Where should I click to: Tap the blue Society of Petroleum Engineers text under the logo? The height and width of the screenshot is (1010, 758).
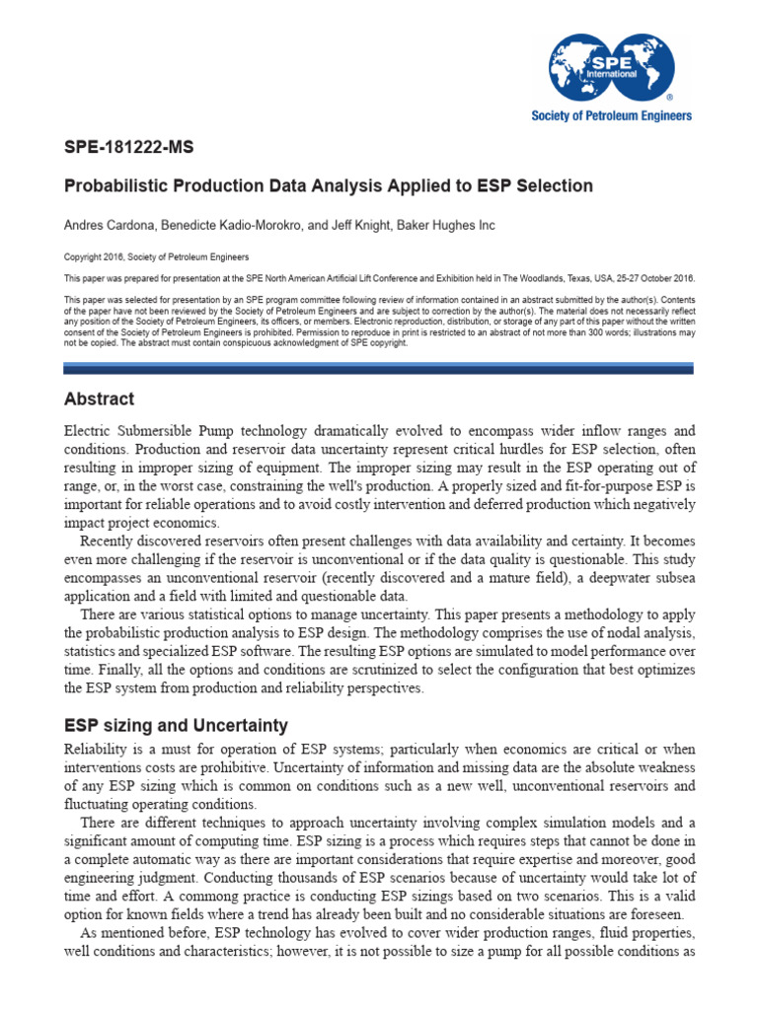pos(612,115)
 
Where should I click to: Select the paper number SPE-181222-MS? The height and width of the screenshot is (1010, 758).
pos(128,148)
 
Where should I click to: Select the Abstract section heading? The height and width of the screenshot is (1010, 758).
pos(99,399)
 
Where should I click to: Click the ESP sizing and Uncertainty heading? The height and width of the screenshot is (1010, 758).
pos(176,725)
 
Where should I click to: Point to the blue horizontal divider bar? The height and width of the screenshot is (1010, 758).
pos(378,368)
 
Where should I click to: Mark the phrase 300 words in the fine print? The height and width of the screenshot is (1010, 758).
pos(590,331)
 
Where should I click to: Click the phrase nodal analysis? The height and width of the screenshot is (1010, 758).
pos(647,632)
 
